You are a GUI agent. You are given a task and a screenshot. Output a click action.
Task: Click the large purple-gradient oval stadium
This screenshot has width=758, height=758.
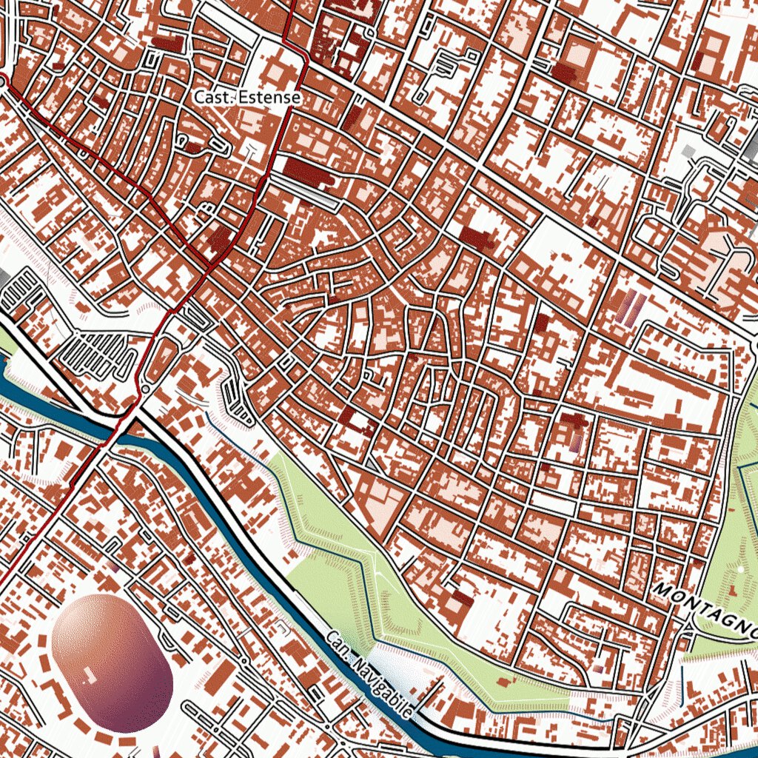click(113, 663)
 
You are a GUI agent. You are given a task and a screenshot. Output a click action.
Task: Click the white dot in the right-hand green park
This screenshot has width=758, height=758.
click(741, 568)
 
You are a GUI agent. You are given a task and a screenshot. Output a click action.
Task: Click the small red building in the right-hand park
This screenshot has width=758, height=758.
click(732, 590)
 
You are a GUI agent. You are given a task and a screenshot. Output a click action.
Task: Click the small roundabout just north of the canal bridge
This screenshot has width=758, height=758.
click(146, 388)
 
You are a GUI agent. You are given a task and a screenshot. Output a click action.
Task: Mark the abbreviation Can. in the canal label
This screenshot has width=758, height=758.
click(337, 643)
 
